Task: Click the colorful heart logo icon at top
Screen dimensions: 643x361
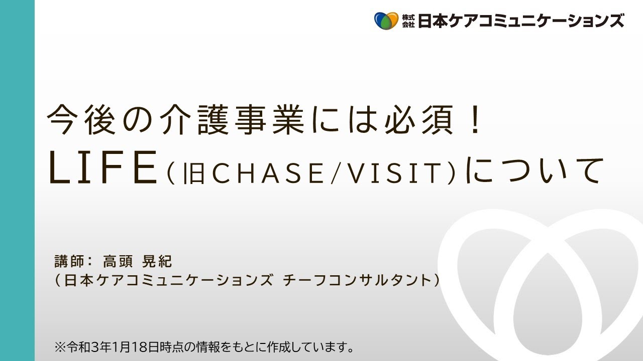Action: pos(386,21)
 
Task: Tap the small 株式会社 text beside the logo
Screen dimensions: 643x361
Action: pos(408,21)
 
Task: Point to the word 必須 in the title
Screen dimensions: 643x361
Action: pos(419,120)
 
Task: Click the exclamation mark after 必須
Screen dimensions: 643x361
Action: pos(476,120)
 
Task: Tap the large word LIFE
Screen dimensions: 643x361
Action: pos(103,167)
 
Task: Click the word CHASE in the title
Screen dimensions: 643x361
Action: pos(268,173)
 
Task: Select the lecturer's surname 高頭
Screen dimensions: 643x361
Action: pos(118,261)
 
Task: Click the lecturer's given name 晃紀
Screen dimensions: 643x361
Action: pos(157,261)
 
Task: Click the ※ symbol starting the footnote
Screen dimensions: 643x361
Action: pos(60,347)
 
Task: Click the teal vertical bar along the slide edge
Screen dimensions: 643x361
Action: pos(17,180)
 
